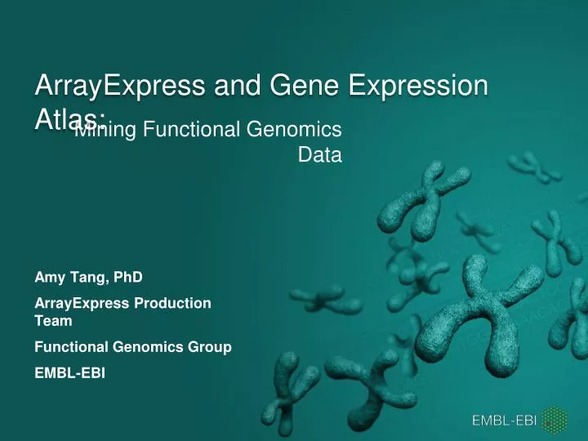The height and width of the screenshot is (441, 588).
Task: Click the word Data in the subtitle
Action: [x=319, y=154]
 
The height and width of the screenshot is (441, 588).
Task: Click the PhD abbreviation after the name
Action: [x=117, y=277]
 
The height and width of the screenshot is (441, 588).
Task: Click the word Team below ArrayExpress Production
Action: [x=51, y=321]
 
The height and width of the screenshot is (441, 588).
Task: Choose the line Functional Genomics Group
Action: [x=132, y=347]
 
